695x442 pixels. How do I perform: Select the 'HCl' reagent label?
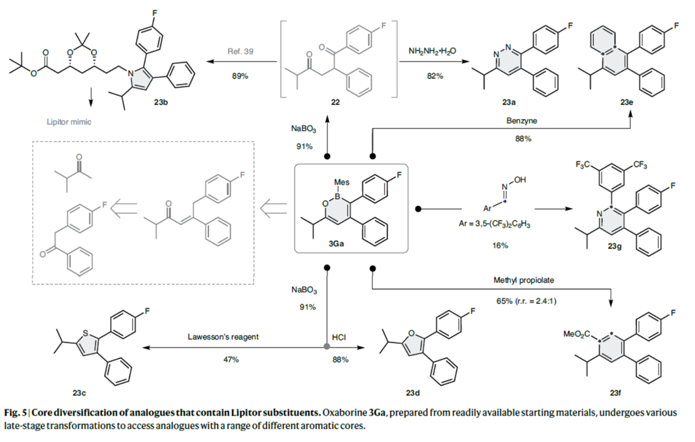(338, 337)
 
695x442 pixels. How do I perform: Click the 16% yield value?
(499, 246)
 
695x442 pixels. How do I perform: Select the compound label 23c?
(78, 392)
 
